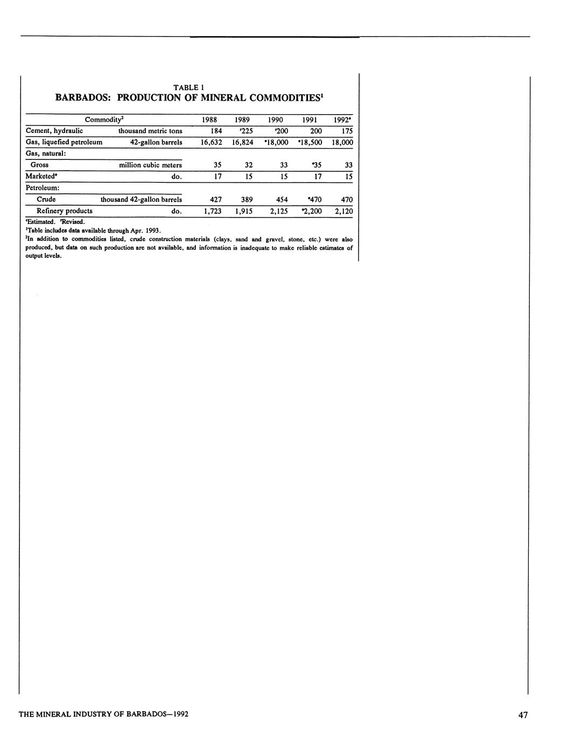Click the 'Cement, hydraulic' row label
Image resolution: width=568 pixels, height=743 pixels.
[54, 131]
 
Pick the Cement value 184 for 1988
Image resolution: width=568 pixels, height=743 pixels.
[216, 131]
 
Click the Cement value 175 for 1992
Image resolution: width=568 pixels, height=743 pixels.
[346, 131]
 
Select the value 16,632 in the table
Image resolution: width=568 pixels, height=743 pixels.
[211, 143]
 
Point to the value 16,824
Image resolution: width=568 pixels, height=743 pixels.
[242, 143]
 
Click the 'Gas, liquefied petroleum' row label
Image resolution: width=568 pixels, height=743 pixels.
[64, 142]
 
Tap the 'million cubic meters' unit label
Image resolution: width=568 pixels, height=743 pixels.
[150, 165]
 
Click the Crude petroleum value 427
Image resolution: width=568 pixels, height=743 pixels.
[215, 200]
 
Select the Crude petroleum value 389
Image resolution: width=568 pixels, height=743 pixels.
[247, 200]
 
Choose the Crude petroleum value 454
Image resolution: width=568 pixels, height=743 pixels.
[281, 200]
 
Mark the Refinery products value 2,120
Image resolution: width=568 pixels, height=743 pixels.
[343, 212]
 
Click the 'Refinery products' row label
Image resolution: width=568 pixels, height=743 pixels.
[64, 211]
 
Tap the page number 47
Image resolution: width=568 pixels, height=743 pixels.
[523, 715]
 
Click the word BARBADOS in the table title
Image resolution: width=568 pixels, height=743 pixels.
[83, 98]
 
